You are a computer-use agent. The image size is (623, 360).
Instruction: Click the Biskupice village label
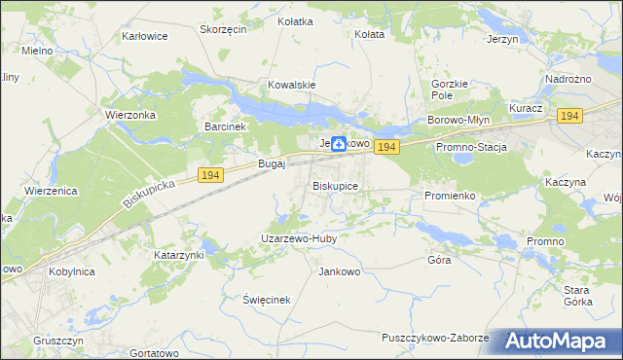click(336, 185)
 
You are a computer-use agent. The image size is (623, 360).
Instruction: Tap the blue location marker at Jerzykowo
click(338, 144)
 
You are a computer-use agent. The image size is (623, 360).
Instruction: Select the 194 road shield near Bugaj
click(209, 174)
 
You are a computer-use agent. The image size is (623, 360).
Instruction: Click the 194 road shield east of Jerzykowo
click(386, 147)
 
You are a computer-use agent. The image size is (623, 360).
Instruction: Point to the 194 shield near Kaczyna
click(570, 116)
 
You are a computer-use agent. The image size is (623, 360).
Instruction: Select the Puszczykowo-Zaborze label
click(435, 337)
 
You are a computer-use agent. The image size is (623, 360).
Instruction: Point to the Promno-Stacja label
click(472, 147)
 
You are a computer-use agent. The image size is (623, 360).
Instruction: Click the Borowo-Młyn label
click(457, 120)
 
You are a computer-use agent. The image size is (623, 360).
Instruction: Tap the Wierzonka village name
click(129, 113)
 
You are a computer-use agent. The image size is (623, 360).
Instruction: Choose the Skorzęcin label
click(223, 29)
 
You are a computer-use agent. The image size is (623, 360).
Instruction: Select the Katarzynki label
click(179, 255)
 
